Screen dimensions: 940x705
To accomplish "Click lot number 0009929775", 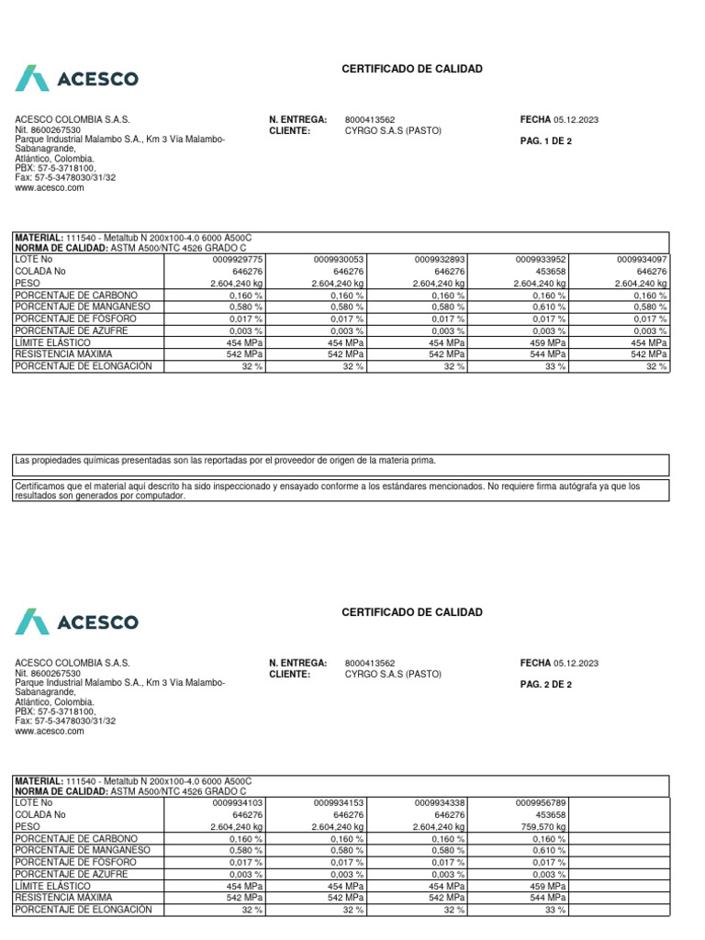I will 238,260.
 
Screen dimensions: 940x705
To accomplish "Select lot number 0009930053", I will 339,260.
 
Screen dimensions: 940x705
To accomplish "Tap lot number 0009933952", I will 541,260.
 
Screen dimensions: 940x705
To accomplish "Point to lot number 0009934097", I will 642,260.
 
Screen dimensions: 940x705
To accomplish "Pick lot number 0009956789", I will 541,802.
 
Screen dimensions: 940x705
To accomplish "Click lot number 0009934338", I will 440,802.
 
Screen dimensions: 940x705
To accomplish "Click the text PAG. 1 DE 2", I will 545,141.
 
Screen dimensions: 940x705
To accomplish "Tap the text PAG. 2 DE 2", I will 545,684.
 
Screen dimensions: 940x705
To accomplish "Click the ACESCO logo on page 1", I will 77,79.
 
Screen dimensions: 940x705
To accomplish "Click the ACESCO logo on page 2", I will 77,621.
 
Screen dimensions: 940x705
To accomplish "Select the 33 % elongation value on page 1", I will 556,366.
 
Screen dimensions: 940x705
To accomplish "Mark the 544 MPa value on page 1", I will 549,354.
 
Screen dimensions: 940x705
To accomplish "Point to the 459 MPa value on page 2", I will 549,886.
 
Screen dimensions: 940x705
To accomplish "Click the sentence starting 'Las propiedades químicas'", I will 226,460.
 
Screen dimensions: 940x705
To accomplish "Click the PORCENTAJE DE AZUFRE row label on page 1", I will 71,330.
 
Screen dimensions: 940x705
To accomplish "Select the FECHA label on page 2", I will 535,663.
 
